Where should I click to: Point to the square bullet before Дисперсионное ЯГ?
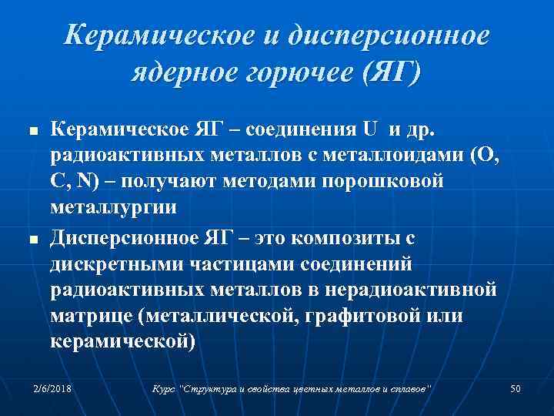32,241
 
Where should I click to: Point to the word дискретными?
115,264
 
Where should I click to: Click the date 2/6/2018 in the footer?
52,389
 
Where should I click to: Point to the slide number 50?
516,389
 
